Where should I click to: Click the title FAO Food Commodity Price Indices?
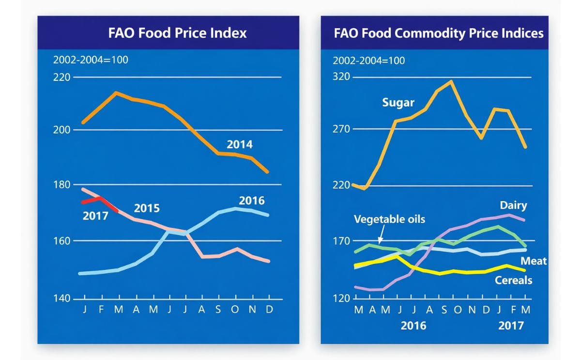pos(438,33)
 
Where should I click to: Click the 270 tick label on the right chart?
pos(341,129)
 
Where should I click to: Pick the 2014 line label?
pos(240,144)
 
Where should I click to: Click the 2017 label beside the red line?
pos(95,215)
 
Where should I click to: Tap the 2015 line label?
pos(147,209)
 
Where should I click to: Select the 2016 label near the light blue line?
pos(252,201)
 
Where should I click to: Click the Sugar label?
pos(398,103)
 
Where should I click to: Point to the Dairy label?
pos(513,205)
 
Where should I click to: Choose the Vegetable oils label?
pos(389,219)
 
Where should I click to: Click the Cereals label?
pos(513,280)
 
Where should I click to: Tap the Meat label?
pos(533,261)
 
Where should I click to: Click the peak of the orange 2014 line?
pos(116,92)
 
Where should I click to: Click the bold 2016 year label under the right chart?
pos(413,325)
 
